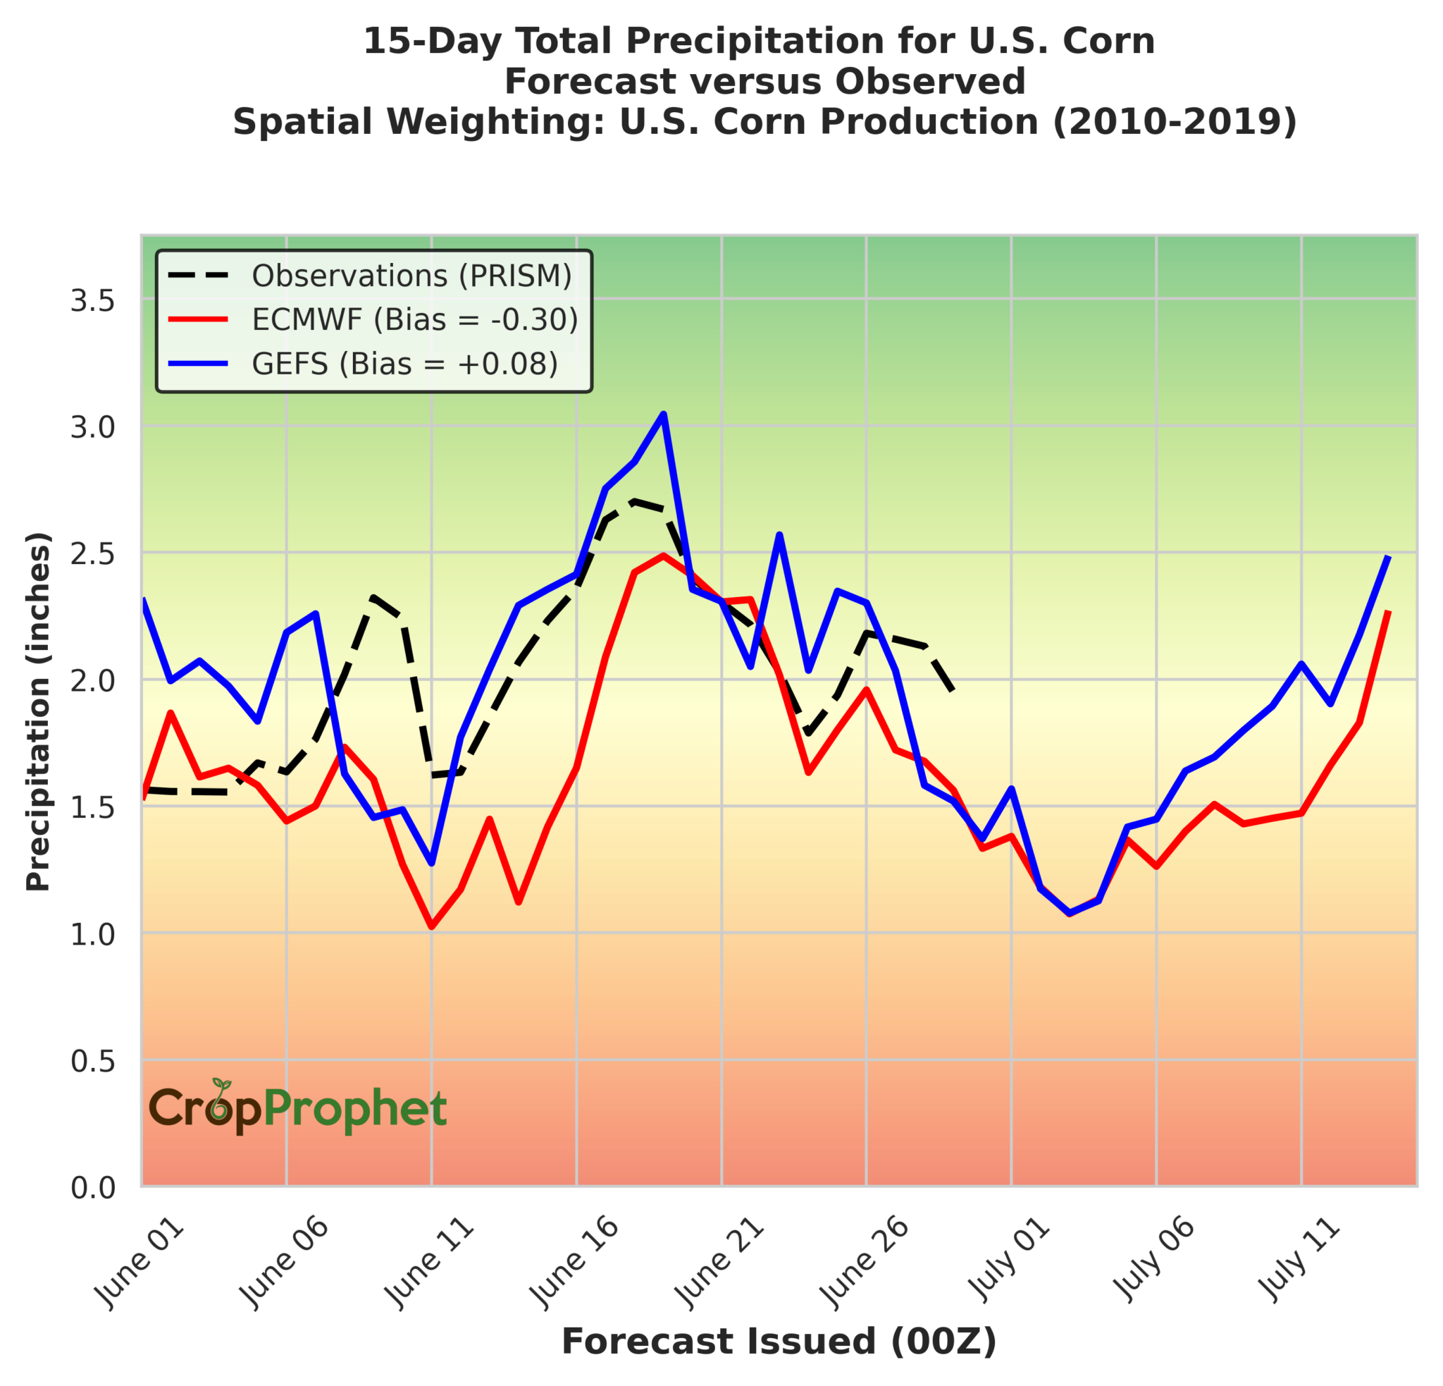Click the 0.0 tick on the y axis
93,1188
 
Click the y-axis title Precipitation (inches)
38,711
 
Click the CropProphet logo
298,1109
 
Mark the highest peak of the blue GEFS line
663,415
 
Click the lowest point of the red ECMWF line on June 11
431,926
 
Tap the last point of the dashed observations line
953,691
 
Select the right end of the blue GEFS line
1389,556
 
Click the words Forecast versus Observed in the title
765,82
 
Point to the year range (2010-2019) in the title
1175,122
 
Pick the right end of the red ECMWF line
1389,611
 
